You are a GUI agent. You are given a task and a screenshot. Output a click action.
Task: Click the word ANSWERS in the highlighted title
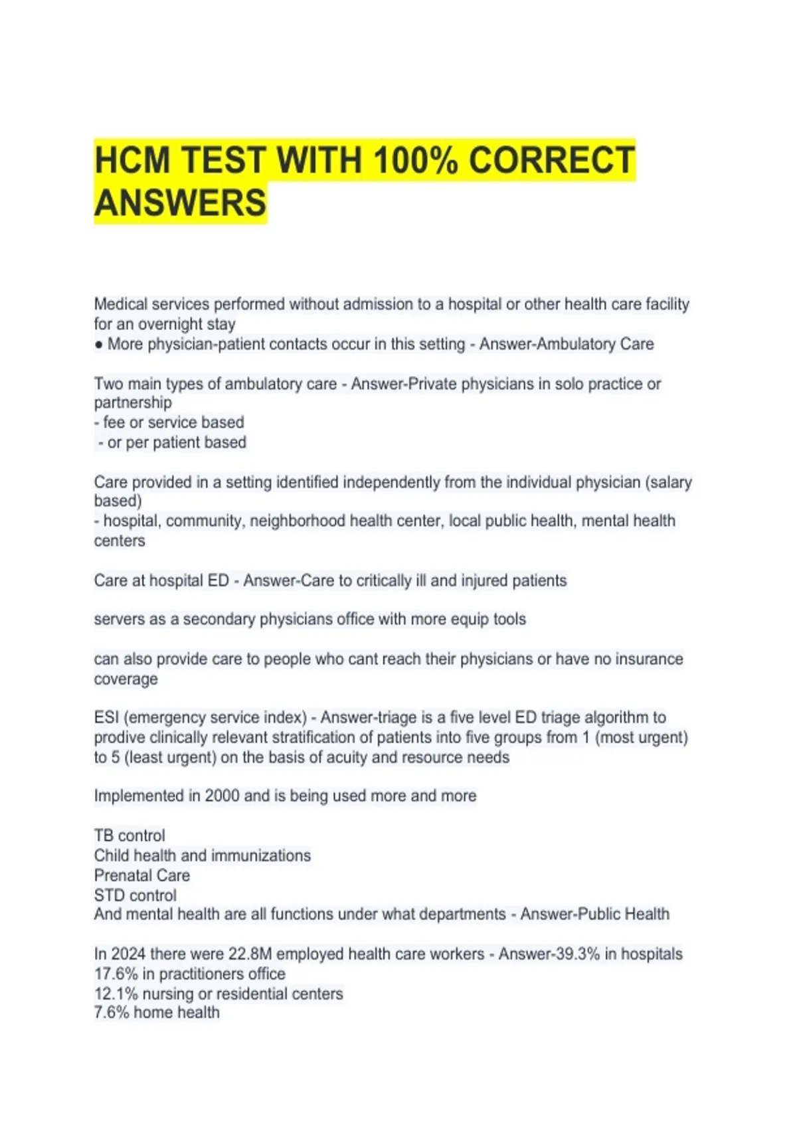[180, 203]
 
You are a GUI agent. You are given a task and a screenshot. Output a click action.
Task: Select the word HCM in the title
[134, 161]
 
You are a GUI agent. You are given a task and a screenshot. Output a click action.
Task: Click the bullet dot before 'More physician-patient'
[99, 345]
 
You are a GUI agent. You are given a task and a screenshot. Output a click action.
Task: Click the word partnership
[133, 402]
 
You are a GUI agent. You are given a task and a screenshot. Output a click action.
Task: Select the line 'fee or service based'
[169, 422]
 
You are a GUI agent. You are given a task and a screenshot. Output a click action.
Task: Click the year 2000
[222, 796]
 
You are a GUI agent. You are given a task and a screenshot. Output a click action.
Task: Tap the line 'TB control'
[130, 835]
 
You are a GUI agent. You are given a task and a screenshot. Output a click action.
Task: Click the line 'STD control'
[135, 895]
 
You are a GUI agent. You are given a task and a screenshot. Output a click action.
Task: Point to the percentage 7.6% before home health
[111, 1012]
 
